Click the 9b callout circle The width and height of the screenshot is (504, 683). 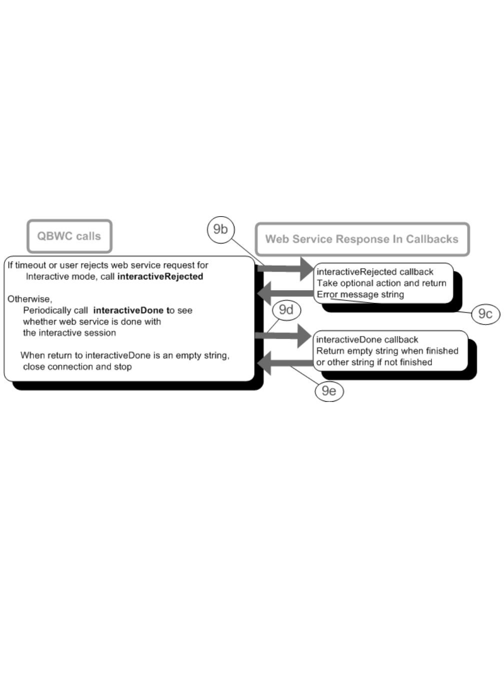click(220, 230)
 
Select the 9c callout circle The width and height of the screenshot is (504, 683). click(485, 314)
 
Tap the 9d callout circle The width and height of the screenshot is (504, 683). click(286, 310)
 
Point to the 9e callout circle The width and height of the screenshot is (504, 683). click(329, 391)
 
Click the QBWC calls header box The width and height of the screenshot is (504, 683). click(69, 236)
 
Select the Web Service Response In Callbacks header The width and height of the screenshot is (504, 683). click(362, 239)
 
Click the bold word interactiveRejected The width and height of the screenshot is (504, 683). click(160, 277)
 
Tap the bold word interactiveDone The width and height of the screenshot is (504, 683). click(128, 311)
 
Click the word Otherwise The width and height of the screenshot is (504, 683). click(29, 299)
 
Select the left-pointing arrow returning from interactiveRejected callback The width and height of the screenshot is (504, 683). click(285, 293)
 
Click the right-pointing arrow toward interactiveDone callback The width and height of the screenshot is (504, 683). click(284, 336)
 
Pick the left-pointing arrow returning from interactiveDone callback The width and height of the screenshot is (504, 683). click(285, 362)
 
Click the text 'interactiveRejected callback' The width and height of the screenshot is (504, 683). click(375, 272)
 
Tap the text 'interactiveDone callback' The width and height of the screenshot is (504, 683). click(367, 340)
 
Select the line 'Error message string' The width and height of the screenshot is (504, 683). click(360, 295)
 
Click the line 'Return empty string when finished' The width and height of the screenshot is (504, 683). click(387, 351)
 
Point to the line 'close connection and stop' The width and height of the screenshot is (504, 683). click(77, 367)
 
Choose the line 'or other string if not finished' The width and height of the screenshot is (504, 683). click(374, 362)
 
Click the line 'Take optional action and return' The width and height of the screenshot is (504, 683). click(381, 283)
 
